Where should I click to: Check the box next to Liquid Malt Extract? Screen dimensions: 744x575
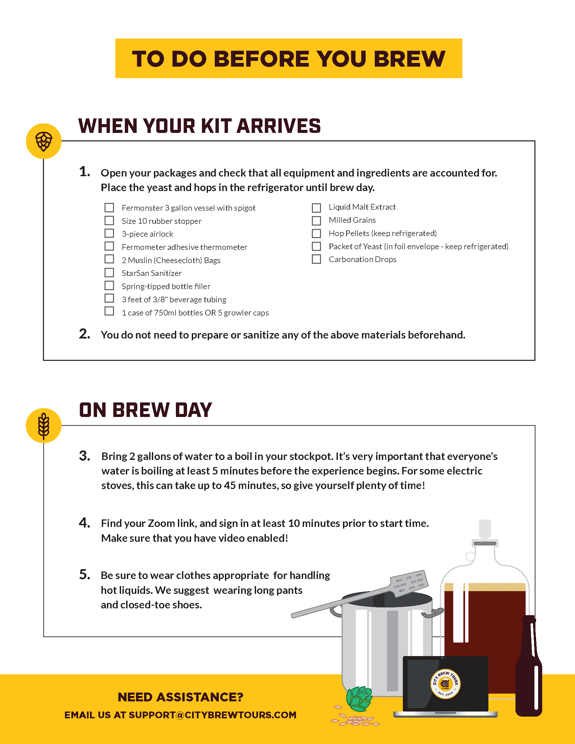(316, 208)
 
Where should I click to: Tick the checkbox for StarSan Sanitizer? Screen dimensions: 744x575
(109, 273)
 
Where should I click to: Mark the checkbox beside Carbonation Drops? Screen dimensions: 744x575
(316, 259)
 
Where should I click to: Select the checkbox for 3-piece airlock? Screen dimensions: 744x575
(109, 233)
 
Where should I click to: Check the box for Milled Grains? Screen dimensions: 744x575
(316, 221)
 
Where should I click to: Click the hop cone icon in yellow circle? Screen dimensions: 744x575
(44, 141)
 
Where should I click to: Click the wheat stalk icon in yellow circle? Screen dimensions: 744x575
(44, 425)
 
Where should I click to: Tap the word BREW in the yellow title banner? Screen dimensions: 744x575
(410, 59)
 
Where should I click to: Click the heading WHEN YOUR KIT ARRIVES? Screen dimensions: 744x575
(199, 126)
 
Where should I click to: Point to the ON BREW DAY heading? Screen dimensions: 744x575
(145, 410)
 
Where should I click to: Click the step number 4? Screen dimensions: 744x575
(85, 523)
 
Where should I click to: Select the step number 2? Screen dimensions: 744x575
(85, 334)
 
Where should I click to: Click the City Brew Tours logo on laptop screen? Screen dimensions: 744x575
(445, 684)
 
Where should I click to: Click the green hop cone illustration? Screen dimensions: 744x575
(359, 698)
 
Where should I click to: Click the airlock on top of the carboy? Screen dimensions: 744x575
(485, 530)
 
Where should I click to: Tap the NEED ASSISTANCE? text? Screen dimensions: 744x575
(181, 697)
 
